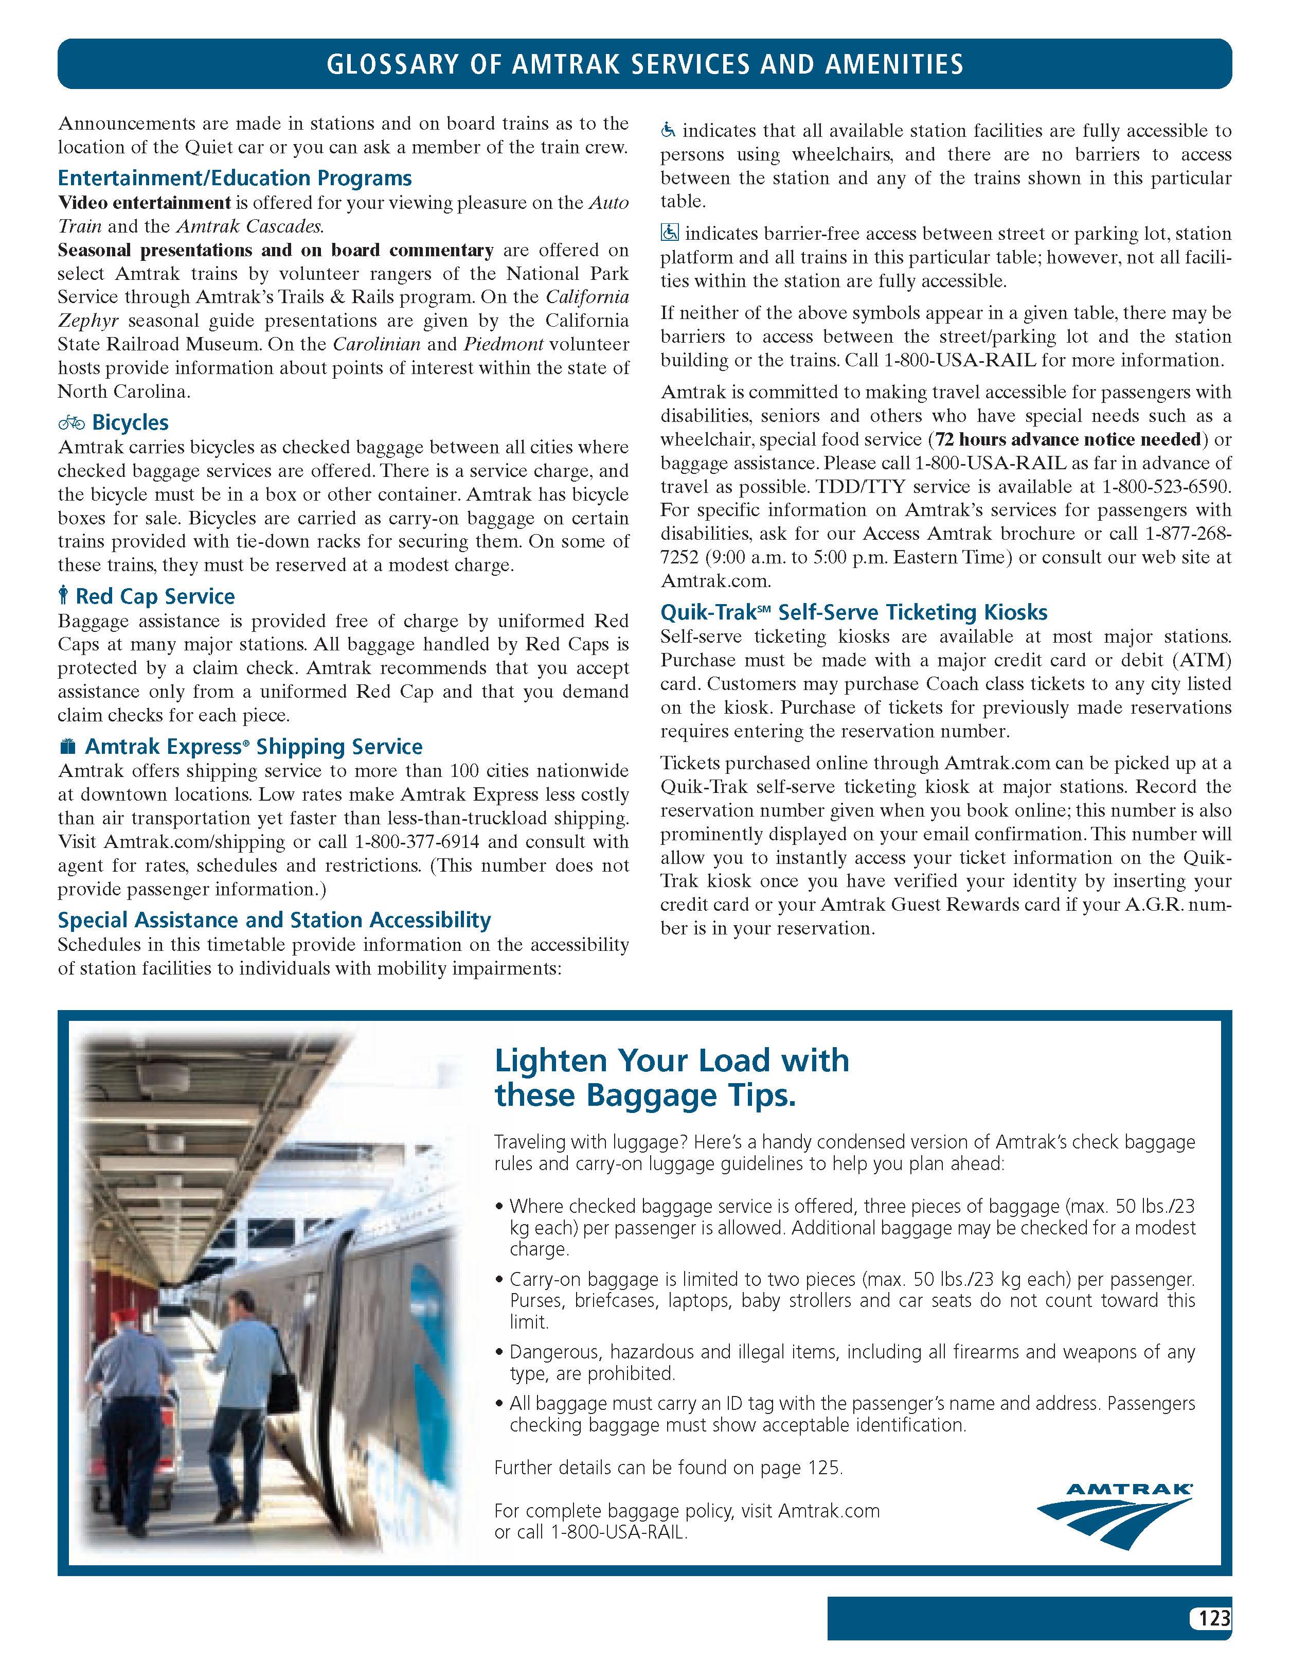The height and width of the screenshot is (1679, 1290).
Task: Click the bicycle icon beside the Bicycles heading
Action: click(x=71, y=422)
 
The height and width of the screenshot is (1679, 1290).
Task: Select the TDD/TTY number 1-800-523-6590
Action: click(x=1167, y=487)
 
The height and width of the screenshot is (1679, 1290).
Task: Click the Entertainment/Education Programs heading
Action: click(x=234, y=178)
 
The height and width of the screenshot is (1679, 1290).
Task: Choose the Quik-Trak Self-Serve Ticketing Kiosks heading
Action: click(x=853, y=612)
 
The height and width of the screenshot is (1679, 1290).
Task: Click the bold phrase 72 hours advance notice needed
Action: click(x=1068, y=439)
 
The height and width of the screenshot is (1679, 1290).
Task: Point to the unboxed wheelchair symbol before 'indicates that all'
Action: click(x=668, y=131)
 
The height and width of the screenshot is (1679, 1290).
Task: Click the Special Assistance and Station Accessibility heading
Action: click(x=274, y=920)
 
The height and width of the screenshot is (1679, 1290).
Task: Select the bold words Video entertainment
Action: click(x=145, y=203)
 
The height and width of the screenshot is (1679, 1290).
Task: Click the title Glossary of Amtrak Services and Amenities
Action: click(x=644, y=64)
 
